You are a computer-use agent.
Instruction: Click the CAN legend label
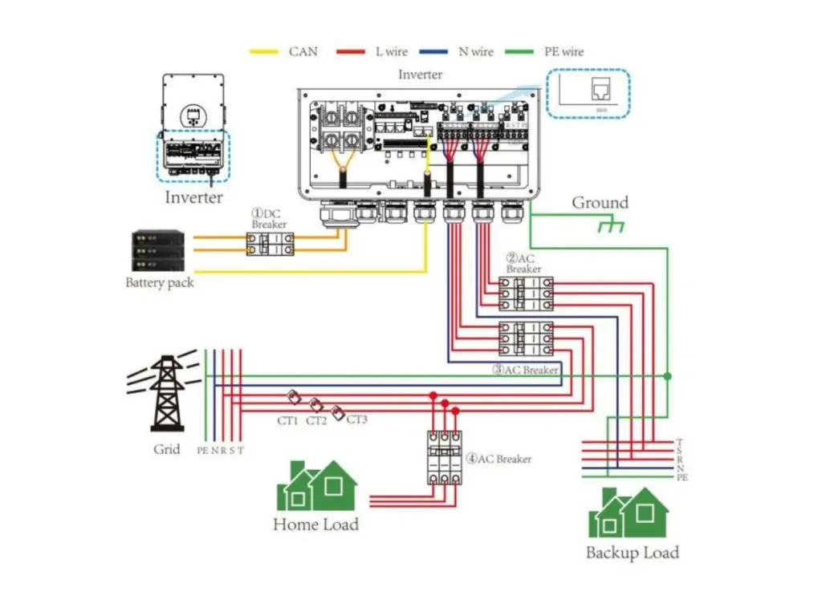pyautogui.click(x=303, y=52)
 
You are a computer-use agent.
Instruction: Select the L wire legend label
pyautogui.click(x=391, y=52)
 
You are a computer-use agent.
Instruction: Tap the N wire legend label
pyautogui.click(x=475, y=52)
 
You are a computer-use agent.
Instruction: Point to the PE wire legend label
pyautogui.click(x=561, y=52)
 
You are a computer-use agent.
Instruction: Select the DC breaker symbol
pyautogui.click(x=270, y=244)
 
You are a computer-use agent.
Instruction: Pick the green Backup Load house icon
pyautogui.click(x=628, y=513)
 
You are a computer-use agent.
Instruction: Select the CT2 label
pyautogui.click(x=316, y=420)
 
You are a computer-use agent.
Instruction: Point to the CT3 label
pyautogui.click(x=356, y=419)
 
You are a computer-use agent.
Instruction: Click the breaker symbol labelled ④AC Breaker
pyautogui.click(x=444, y=457)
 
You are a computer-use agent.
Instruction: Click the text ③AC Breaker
pyautogui.click(x=526, y=370)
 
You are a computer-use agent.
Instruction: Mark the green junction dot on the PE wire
pyautogui.click(x=667, y=375)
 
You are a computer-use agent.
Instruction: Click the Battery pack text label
pyautogui.click(x=159, y=283)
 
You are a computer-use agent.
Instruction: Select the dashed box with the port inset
pyautogui.click(x=588, y=95)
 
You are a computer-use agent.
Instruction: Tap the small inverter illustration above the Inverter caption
pyautogui.click(x=192, y=128)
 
